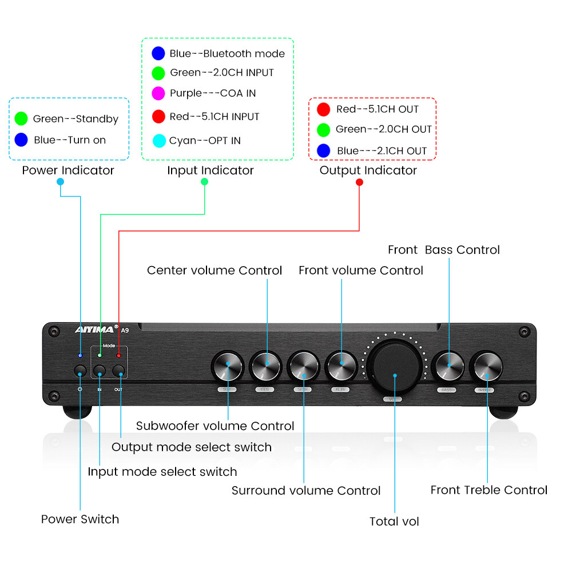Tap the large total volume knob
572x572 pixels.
(x=395, y=366)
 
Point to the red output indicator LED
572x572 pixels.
(x=119, y=356)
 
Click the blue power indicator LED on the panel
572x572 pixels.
(x=80, y=356)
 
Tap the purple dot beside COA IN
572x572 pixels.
(x=158, y=93)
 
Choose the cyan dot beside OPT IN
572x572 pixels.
(x=159, y=140)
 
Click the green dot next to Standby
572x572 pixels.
(x=21, y=119)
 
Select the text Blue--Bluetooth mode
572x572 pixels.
(x=227, y=54)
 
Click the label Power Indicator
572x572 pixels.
(x=68, y=170)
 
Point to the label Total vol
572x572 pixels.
(x=394, y=521)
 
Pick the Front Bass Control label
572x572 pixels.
(x=443, y=250)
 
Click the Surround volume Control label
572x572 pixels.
(x=306, y=490)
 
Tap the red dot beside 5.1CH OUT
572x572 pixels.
(x=324, y=109)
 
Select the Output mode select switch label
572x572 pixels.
(x=192, y=447)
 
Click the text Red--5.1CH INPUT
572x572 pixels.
(x=214, y=117)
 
